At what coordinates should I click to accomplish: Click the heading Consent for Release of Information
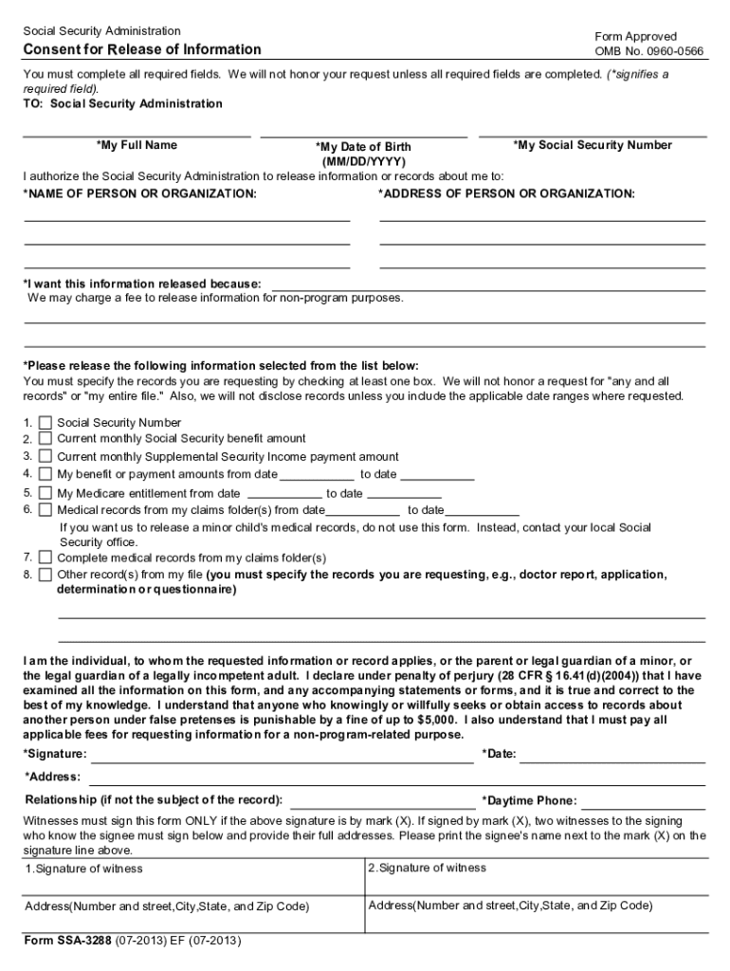141,49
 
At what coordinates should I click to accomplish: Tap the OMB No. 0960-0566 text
648,51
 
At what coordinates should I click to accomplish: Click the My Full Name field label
137,145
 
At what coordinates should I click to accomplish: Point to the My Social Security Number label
593,145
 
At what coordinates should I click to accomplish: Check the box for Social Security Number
46,423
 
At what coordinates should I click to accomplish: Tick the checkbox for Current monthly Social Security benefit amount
46,439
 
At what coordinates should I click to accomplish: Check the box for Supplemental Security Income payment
46,456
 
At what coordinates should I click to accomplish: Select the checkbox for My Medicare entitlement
46,493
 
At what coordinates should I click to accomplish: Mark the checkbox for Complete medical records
46,558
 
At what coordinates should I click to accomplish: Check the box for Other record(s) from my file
46,575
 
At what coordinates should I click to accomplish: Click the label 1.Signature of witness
83,869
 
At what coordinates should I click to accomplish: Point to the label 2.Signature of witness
427,868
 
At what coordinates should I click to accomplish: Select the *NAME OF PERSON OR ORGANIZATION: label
139,193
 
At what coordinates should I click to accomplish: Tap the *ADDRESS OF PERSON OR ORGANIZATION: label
506,193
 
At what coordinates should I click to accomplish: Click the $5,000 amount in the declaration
442,720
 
